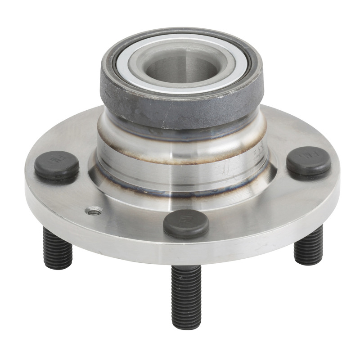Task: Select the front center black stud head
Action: (186, 223)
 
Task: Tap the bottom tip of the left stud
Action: (58, 266)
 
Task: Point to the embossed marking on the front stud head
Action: (185, 219)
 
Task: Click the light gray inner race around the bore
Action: (148, 67)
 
